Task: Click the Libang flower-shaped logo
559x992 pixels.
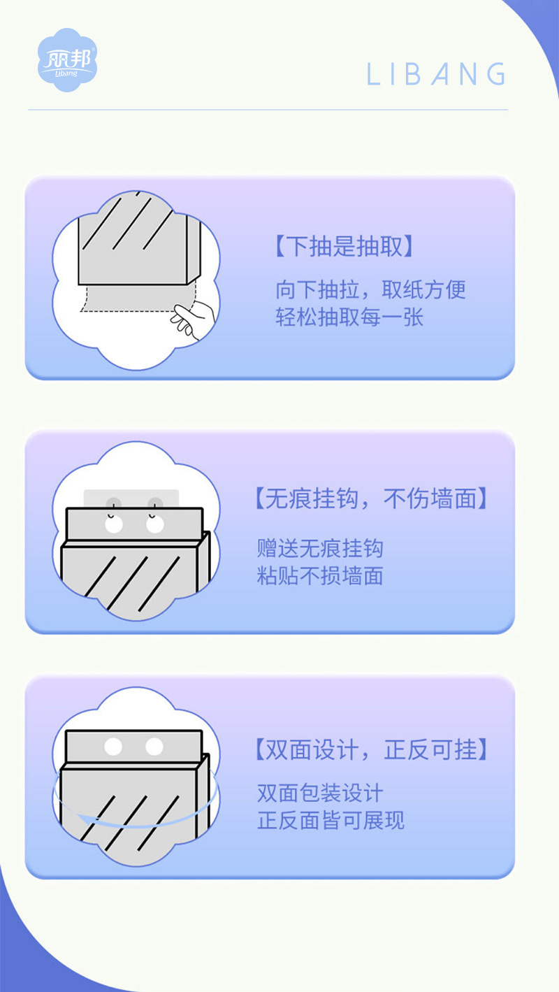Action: click(x=67, y=60)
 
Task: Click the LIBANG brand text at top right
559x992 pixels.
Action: click(x=436, y=75)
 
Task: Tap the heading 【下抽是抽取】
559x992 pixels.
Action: click(x=344, y=247)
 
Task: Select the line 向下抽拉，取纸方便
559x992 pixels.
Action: click(x=370, y=289)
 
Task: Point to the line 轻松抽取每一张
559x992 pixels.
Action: click(x=349, y=317)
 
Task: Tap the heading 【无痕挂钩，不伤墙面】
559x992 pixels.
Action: click(x=370, y=499)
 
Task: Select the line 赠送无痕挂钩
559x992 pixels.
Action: click(x=320, y=548)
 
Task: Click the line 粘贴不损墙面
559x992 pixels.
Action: click(x=320, y=576)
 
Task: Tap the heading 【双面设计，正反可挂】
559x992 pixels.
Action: click(x=370, y=750)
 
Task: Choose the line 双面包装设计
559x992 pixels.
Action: click(x=320, y=793)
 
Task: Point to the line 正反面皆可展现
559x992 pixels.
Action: click(x=331, y=821)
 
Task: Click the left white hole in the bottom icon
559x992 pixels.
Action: click(x=113, y=747)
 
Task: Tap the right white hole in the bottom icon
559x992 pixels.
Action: click(x=154, y=747)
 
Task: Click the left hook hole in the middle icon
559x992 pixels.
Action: click(x=113, y=524)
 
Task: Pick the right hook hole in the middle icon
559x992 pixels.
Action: click(x=154, y=524)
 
